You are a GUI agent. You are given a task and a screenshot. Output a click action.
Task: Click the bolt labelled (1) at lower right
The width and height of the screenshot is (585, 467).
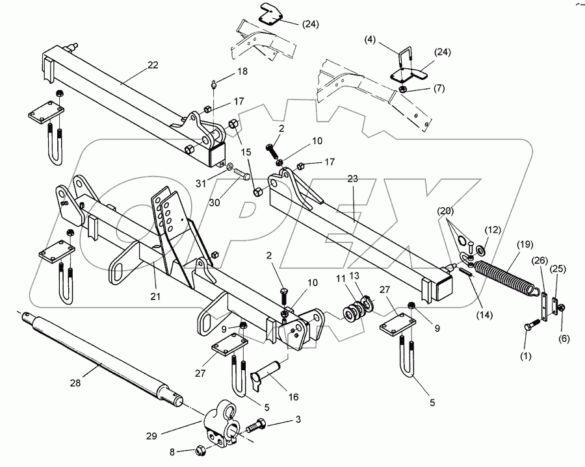530,325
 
